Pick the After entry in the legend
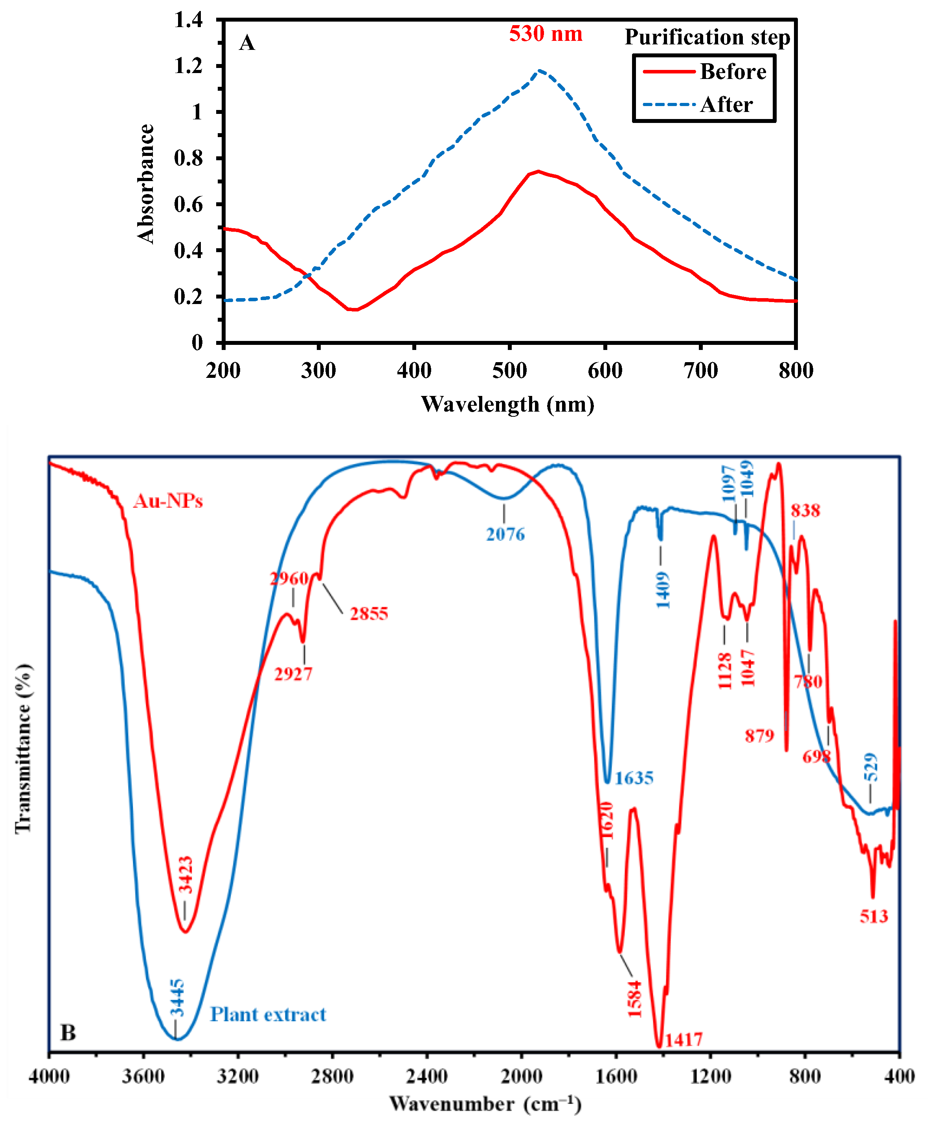click(726, 104)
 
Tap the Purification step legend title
click(707, 37)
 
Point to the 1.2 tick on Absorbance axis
click(189, 66)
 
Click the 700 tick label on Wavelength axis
click(700, 370)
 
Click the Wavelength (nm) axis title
click(507, 404)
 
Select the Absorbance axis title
click(145, 184)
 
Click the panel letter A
click(247, 43)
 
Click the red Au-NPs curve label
click(168, 501)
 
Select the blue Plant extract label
click(268, 1014)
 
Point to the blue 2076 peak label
click(505, 534)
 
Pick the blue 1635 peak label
click(634, 778)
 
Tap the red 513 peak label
click(873, 916)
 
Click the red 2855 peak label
click(369, 614)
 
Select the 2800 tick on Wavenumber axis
click(332, 1076)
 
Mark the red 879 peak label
click(759, 736)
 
